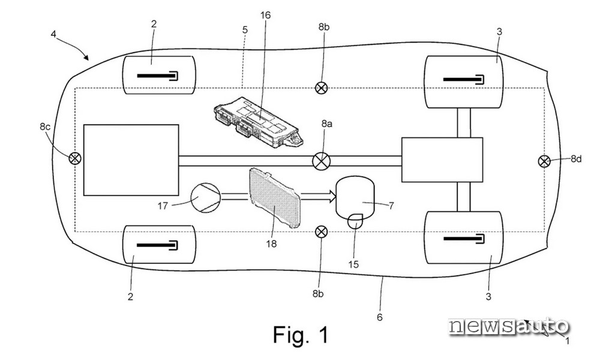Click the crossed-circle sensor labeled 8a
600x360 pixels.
322,161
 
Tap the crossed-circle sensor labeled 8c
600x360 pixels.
75,158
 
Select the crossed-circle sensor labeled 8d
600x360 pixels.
544,161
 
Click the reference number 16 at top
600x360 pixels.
265,16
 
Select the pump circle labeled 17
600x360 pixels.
205,197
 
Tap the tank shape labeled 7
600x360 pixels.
355,198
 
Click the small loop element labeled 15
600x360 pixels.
355,221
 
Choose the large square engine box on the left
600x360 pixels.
131,160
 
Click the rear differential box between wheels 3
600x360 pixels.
442,160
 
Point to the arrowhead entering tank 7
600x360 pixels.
331,197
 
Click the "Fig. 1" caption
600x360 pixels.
301,335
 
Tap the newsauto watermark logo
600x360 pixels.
509,327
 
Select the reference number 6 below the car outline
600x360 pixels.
380,317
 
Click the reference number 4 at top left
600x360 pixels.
53,34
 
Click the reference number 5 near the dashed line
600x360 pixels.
245,29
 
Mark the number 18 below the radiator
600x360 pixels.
271,244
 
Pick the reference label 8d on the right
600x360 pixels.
576,158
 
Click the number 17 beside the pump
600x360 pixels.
163,206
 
